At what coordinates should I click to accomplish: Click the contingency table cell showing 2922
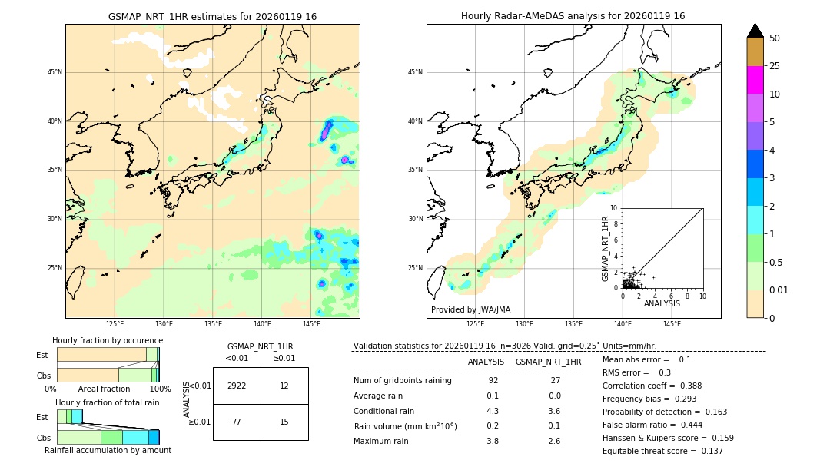(237, 386)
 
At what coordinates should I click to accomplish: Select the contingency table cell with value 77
(237, 422)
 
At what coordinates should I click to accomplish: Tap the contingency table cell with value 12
(284, 386)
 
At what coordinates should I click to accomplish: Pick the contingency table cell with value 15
(284, 422)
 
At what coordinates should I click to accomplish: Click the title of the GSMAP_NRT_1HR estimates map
(212, 16)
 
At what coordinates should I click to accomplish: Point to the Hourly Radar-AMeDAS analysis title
(573, 16)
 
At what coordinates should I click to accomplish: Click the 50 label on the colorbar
(775, 38)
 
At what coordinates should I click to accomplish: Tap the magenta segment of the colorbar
(755, 80)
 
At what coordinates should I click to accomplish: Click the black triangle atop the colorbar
(755, 31)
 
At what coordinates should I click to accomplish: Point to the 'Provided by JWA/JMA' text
(470, 309)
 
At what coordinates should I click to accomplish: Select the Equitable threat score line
(662, 451)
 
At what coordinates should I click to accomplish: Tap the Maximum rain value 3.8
(493, 441)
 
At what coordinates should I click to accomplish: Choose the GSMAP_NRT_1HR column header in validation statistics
(548, 362)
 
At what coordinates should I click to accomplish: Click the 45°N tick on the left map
(55, 72)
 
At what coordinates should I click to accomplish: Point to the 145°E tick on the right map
(672, 324)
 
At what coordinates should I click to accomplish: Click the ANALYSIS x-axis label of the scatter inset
(662, 303)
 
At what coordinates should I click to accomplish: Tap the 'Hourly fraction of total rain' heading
(108, 402)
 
